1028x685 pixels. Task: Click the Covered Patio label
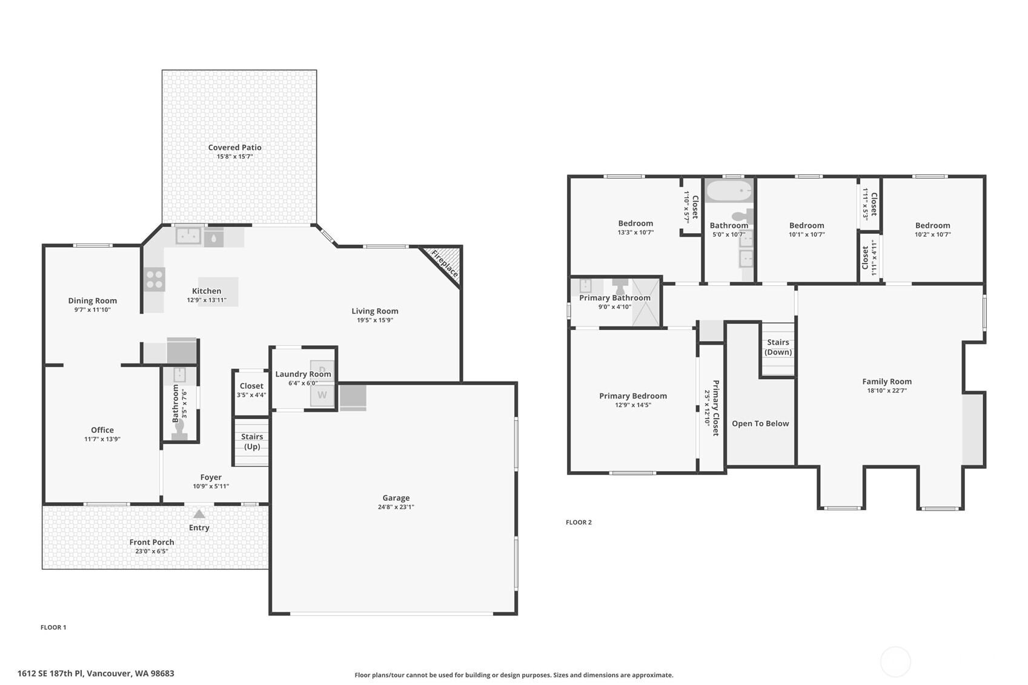point(234,147)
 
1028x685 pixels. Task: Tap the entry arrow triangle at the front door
point(199,514)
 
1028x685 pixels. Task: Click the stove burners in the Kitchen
point(154,279)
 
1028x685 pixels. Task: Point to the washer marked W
point(322,395)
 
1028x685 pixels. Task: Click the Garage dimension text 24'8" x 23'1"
point(396,507)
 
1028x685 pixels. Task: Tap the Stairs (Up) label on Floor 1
point(252,441)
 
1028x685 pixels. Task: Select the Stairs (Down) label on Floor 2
point(778,347)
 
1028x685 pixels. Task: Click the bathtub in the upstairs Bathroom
point(729,191)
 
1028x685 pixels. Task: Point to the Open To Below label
point(760,423)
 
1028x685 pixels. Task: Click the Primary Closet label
point(715,408)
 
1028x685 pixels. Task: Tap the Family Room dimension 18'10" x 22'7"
point(887,391)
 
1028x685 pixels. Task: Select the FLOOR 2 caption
point(579,522)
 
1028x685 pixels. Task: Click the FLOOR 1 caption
point(53,627)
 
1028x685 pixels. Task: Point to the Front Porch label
point(151,542)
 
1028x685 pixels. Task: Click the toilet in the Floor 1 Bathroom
point(179,429)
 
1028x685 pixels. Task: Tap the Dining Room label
point(92,300)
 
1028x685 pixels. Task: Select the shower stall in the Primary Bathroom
point(646,303)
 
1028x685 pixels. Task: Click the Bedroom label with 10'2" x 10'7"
point(932,225)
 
